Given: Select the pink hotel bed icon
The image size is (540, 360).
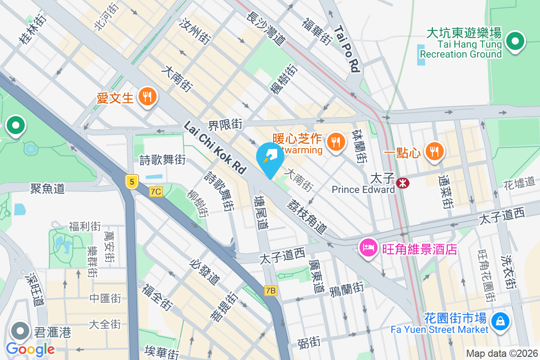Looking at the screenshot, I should pyautogui.click(x=368, y=247).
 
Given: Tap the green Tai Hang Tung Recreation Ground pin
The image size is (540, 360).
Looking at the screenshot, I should pyautogui.click(x=515, y=42).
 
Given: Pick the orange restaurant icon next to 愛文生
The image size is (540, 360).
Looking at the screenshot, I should pyautogui.click(x=147, y=96).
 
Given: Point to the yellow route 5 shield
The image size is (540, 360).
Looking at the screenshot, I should pyautogui.click(x=131, y=182).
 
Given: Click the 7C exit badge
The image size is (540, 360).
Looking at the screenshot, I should pyautogui.click(x=156, y=192).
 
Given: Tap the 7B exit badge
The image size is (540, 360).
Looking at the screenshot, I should pyautogui.click(x=270, y=291).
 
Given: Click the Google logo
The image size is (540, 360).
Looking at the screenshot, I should pyautogui.click(x=30, y=349).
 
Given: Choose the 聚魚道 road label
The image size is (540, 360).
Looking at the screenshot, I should pyautogui.click(x=47, y=188).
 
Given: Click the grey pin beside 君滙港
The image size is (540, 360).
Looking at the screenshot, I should pyautogui.click(x=19, y=332).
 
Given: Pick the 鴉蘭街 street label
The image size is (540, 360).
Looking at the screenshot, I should pyautogui.click(x=346, y=288).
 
